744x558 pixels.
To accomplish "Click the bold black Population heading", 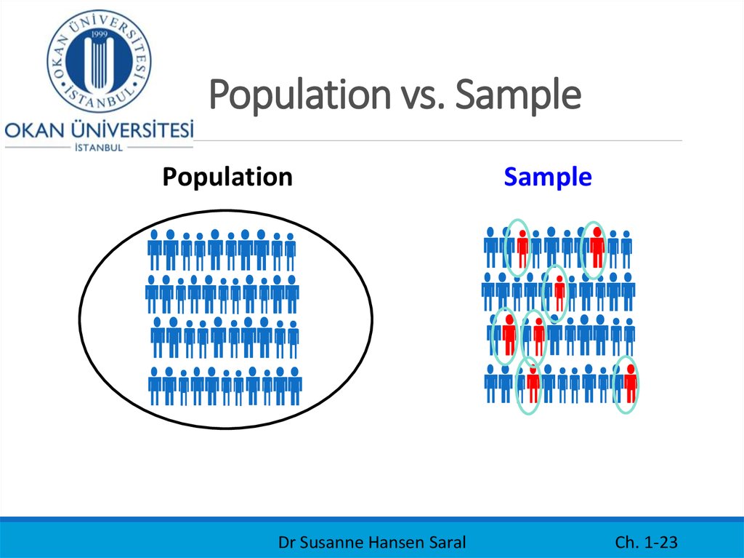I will click(x=227, y=177).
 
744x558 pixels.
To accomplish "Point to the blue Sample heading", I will click(x=548, y=177).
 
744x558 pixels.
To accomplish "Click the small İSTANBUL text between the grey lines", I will click(x=99, y=147).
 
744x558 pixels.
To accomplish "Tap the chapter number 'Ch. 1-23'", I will click(x=646, y=542).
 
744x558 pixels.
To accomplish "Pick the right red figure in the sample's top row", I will click(x=597, y=248).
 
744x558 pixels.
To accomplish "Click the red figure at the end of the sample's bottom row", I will click(x=630, y=383).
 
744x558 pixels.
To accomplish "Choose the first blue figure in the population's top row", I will click(x=155, y=250).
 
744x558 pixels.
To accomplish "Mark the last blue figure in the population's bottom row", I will click(x=294, y=386).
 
